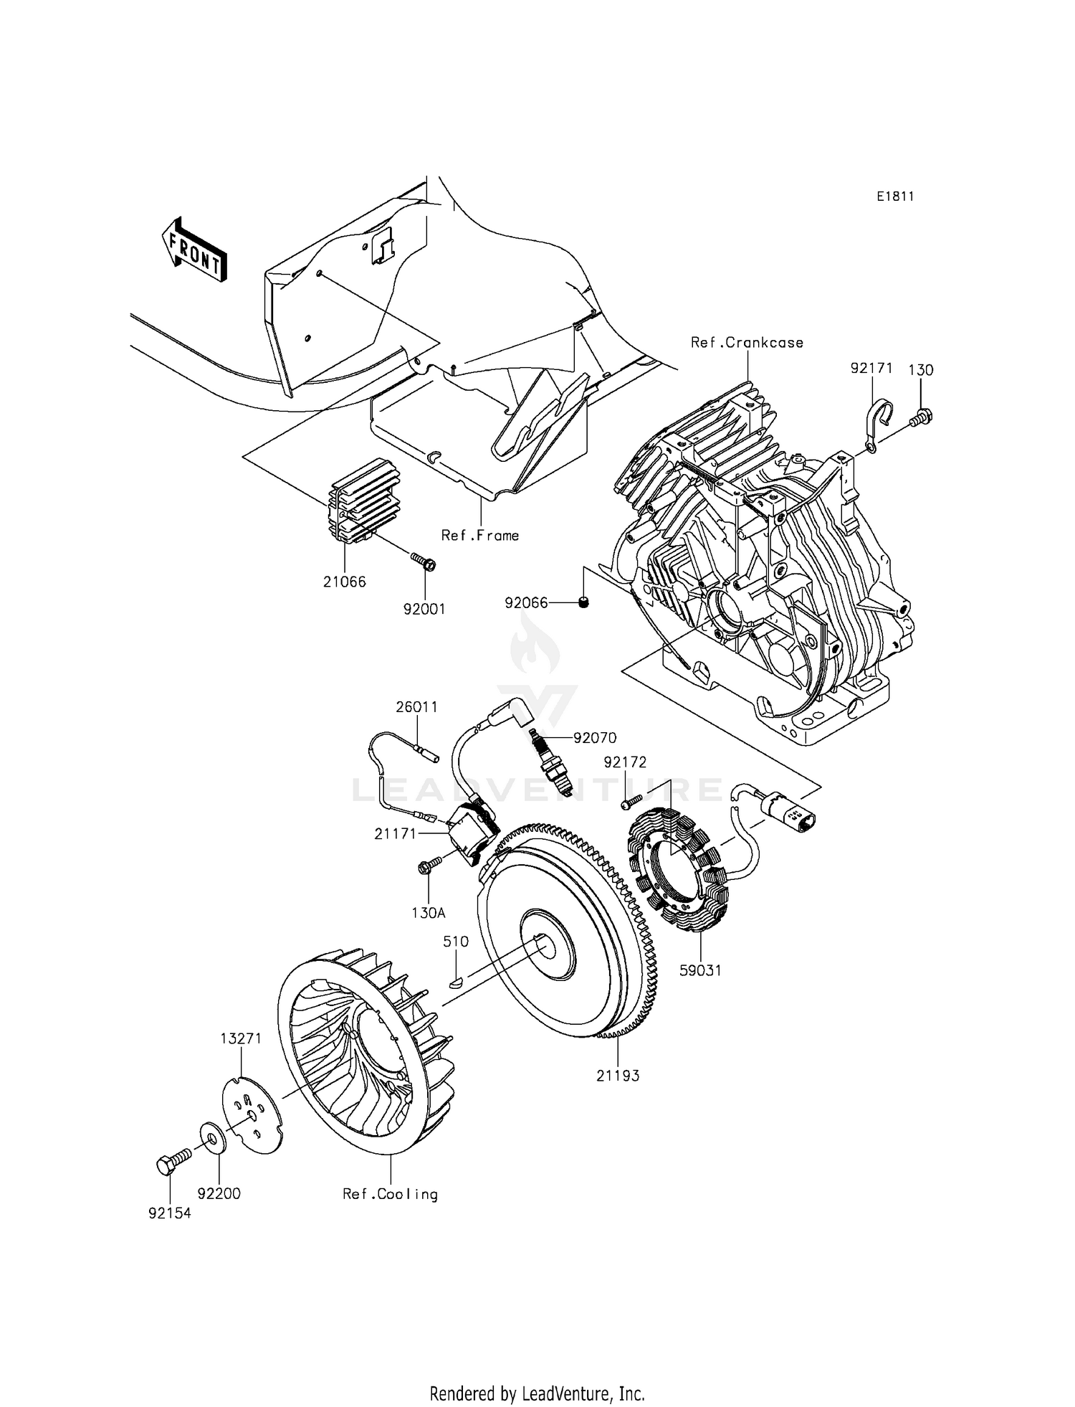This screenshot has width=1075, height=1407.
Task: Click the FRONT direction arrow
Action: pyautogui.click(x=193, y=249)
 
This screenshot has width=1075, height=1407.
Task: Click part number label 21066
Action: pyautogui.click(x=344, y=582)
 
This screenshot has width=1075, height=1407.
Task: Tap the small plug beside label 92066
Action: pyautogui.click(x=583, y=603)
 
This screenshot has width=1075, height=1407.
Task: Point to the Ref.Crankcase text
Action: pyautogui.click(x=747, y=343)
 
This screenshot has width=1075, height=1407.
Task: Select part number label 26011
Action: pyautogui.click(x=416, y=707)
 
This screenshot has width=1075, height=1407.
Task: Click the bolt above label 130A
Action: pyautogui.click(x=429, y=868)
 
